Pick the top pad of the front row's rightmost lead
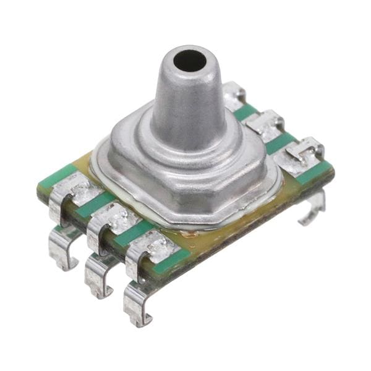pos(151,247)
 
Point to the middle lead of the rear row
pos(265,124)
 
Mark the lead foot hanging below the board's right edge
pos(312,210)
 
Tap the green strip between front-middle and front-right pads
pos(133,233)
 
